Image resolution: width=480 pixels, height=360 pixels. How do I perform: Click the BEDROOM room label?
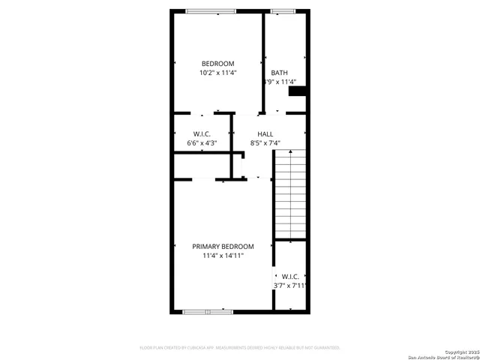(x=217, y=63)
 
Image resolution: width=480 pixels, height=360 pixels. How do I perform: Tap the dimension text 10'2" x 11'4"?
(x=217, y=73)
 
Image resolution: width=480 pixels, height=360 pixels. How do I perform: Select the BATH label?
(x=279, y=73)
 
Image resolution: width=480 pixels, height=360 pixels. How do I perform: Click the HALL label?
(x=265, y=133)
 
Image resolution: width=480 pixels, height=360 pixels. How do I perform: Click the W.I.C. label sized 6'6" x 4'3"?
(x=202, y=133)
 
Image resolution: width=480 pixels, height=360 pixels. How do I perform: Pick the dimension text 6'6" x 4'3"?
(x=202, y=143)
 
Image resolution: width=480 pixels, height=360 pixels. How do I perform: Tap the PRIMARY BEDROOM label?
(x=223, y=246)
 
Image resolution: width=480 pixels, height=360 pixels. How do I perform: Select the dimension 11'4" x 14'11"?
(x=223, y=256)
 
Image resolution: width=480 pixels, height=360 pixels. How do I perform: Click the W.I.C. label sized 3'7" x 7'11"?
(x=290, y=276)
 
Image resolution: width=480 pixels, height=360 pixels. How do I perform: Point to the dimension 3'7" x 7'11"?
(x=290, y=286)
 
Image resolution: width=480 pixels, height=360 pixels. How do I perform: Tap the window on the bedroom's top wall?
(x=211, y=10)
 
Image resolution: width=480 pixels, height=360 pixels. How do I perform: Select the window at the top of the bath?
(x=283, y=10)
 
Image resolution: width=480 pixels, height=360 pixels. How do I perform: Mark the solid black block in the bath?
(x=298, y=91)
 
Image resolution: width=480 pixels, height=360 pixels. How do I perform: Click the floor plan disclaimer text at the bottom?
(x=240, y=348)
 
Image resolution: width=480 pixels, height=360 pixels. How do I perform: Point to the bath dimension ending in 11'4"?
(x=279, y=82)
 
